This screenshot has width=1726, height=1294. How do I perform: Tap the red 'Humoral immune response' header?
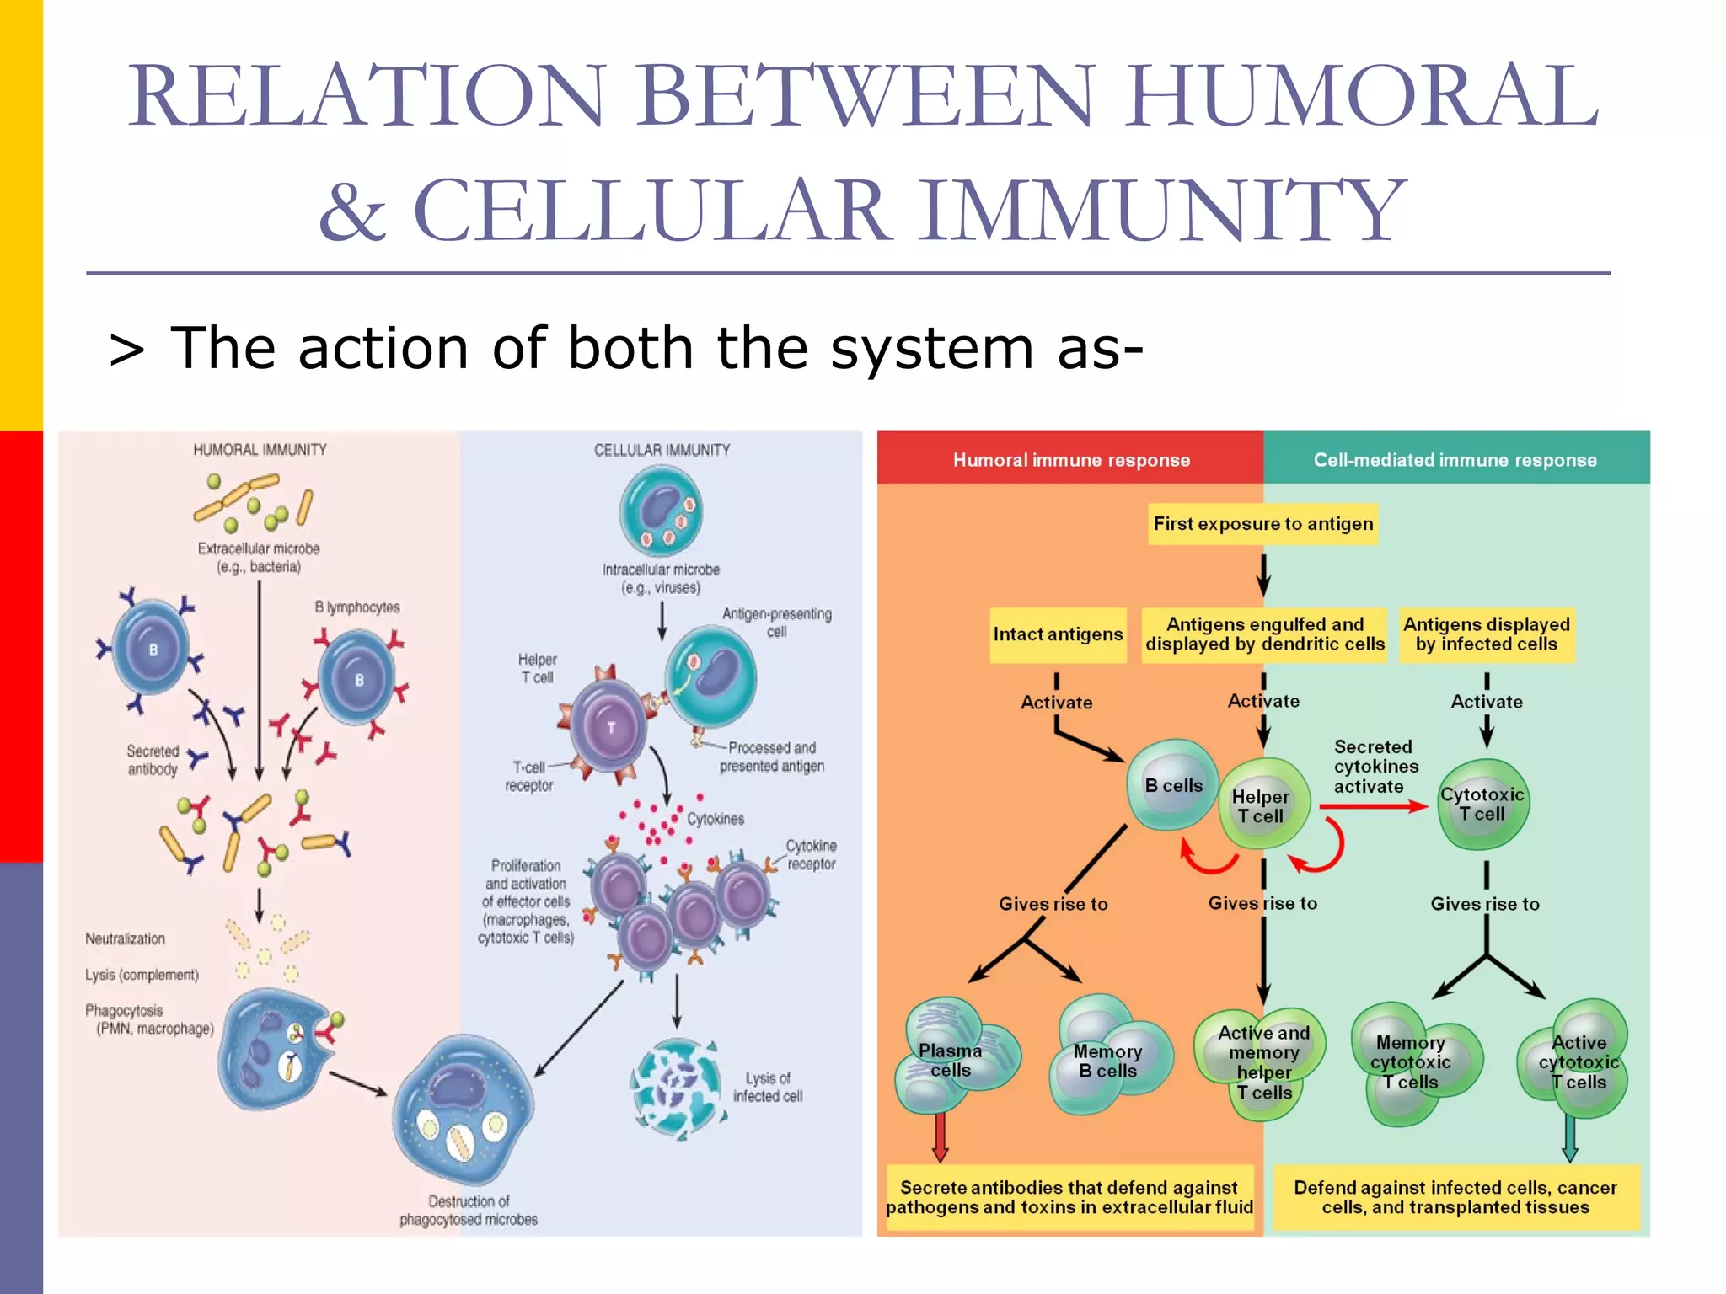point(1070,459)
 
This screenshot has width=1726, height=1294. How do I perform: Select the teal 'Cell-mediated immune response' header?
point(1455,459)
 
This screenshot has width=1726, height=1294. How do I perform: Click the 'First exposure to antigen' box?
point(1262,524)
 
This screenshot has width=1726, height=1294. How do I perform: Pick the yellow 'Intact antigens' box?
point(1058,634)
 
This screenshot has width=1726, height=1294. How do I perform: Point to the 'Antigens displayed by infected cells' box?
point(1486,634)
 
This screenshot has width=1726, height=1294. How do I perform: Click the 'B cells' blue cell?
point(1172,785)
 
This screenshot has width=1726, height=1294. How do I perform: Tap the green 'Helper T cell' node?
point(1262,805)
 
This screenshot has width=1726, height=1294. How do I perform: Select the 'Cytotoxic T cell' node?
point(1482,804)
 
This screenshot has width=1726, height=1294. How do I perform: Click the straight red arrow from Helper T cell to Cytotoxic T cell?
point(1372,806)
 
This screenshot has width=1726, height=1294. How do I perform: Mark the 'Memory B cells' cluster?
point(1107,1059)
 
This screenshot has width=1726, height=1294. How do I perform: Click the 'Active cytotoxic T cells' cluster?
point(1577,1061)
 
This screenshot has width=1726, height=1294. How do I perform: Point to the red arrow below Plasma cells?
point(941,1137)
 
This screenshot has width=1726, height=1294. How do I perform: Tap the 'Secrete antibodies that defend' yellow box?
point(1069,1197)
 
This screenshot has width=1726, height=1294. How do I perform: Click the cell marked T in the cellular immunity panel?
point(611,727)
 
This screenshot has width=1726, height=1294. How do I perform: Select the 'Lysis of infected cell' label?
point(767,1087)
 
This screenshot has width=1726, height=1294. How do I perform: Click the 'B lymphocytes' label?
point(357,607)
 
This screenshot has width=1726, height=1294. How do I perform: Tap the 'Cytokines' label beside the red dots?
point(716,819)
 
